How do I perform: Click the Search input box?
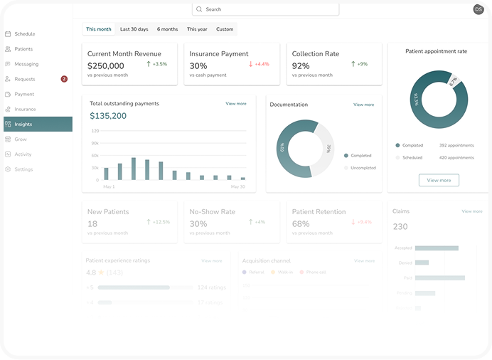pos(265,9)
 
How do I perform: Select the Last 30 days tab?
pos(134,29)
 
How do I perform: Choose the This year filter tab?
pos(197,29)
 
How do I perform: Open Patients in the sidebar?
pos(23,49)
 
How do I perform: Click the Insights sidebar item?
pos(23,125)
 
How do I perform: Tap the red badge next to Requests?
pos(64,79)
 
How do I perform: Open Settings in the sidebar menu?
pos(23,169)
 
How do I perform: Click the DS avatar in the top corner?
pos(478,9)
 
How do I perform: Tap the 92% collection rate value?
pos(301,65)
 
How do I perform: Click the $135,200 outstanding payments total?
pos(108,116)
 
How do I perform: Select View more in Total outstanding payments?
pos(235,104)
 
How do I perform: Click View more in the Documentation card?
pos(363,105)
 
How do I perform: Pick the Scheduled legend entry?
pos(412,157)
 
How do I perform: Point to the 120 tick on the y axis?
pos(95,131)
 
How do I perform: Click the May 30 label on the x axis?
pos(237,186)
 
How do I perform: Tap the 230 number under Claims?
pos(400,227)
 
